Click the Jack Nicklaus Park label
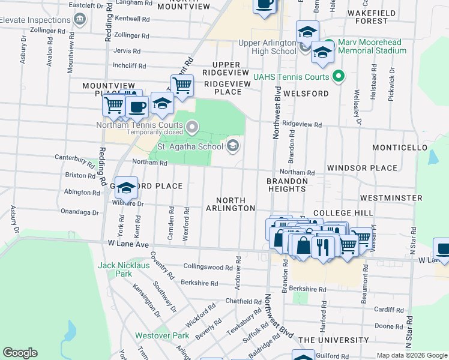(115, 269)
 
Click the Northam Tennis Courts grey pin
(192, 126)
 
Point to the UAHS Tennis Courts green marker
(338, 77)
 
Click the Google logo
(20, 353)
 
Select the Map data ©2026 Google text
(412, 355)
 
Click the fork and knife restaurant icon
(324, 246)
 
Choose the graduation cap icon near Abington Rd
(126, 188)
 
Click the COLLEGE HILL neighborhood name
(343, 213)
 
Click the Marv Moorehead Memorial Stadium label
(372, 46)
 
